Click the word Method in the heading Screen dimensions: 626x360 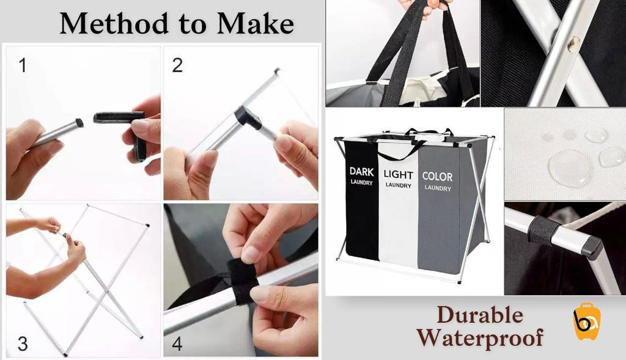pos(114,24)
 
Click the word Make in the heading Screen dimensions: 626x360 pos(255,24)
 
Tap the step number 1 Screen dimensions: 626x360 pos(23,65)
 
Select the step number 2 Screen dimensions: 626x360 pos(177,65)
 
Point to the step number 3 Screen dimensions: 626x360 pos(23,343)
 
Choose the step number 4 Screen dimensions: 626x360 pos(177,343)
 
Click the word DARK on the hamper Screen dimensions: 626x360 pos(362,172)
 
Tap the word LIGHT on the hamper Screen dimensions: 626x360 pos(398,174)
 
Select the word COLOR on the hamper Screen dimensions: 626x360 pos(437,177)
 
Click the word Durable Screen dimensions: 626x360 pos(480,315)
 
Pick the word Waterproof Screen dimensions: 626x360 pos(480,337)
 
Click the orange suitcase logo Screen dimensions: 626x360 pos(587,321)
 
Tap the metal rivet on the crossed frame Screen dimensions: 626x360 pos(575,42)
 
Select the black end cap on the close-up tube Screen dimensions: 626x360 pos(592,248)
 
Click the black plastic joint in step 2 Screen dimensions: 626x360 pos(246,117)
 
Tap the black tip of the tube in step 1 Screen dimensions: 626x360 pos(79,122)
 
